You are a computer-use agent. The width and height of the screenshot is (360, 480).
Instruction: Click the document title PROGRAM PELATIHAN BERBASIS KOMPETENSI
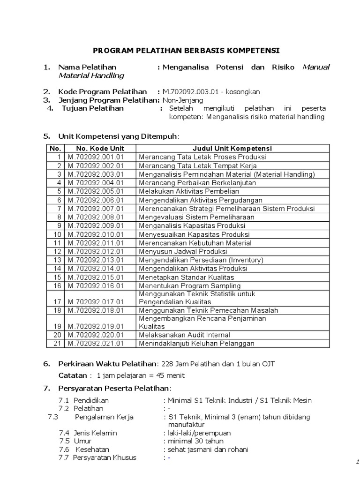186,50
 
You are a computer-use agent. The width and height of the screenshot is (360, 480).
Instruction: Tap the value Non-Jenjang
183,100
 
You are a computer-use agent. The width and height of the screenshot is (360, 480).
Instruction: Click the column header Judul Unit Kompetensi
232,149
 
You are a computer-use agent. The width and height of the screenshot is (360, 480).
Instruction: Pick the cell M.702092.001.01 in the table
96,157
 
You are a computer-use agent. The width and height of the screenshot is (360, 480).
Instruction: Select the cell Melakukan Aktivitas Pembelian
189,191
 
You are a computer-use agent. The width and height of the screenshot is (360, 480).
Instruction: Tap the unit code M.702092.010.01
96,234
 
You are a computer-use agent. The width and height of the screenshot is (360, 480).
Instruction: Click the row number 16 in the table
58,286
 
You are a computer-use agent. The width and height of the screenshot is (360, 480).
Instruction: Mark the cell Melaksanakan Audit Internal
184,335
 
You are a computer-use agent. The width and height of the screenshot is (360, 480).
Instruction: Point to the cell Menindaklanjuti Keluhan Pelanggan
196,344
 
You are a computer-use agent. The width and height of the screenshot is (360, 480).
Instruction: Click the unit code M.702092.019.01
96,326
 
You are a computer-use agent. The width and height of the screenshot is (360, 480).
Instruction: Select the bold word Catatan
73,375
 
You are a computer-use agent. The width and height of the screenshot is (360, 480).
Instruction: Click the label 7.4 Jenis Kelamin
88,433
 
